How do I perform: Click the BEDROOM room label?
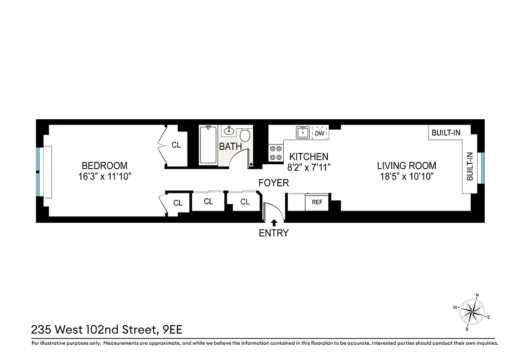tap(104, 166)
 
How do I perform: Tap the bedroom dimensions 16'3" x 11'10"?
tap(104, 176)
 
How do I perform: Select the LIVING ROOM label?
tap(406, 166)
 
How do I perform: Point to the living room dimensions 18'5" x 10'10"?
tap(406, 176)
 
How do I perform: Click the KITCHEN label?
tap(308, 157)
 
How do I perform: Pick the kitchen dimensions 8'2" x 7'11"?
tap(308, 167)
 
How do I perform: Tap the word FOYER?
tap(273, 183)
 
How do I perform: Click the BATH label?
tap(230, 147)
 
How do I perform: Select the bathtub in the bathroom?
tap(208, 145)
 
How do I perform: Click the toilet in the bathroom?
tap(246, 135)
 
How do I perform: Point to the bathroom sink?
tap(229, 131)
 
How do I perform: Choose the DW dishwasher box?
tap(320, 133)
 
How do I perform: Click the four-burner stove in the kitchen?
tap(275, 153)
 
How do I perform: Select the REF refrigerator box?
tap(317, 202)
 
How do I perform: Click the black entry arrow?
tap(274, 222)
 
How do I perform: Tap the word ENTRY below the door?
tap(273, 233)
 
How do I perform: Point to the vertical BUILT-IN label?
tap(469, 166)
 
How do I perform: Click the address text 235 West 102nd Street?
tap(94, 330)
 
